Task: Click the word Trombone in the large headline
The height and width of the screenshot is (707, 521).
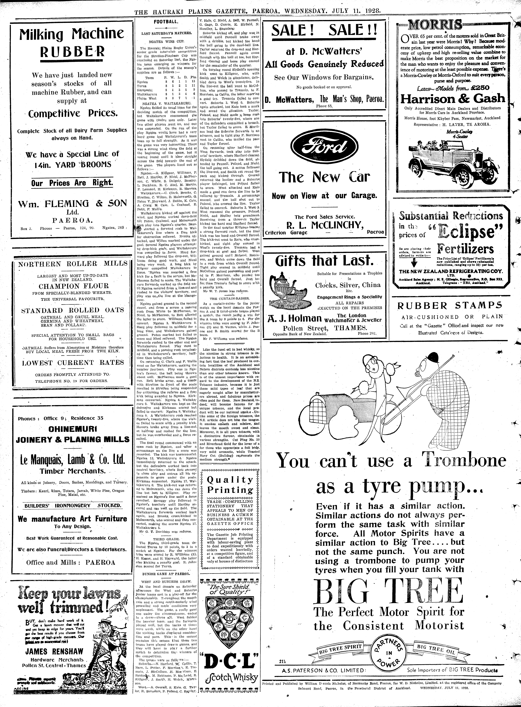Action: [464, 461]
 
